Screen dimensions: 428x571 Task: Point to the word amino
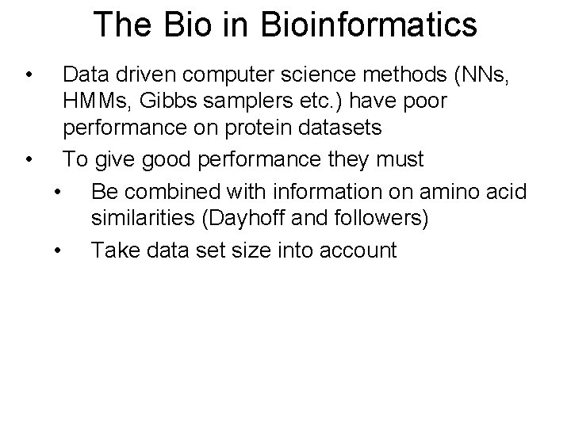[450, 193]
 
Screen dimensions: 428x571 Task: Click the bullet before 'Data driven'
[29, 77]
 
